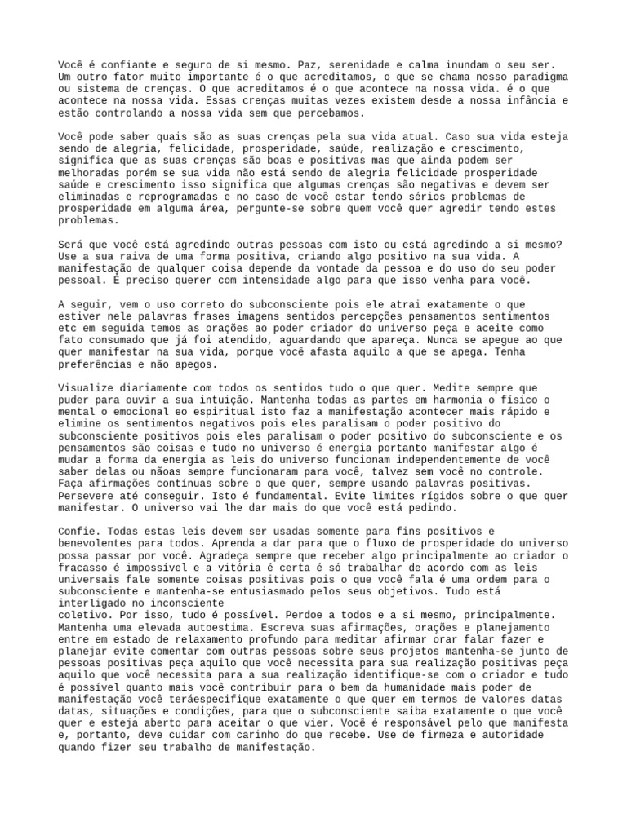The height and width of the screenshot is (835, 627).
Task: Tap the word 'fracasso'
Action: pyautogui.click(x=84, y=567)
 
